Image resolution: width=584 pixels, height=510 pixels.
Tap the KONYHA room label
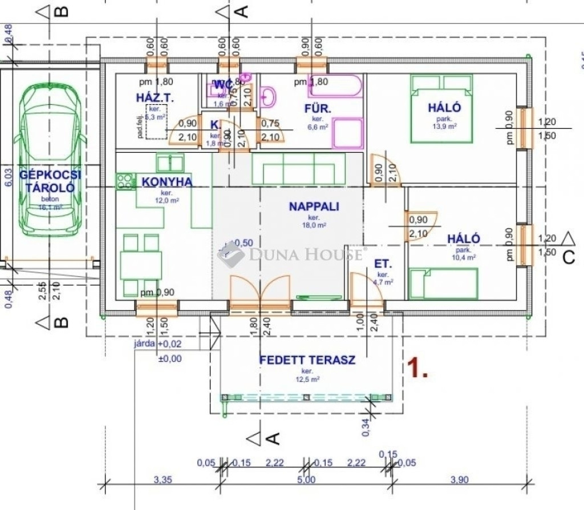pyautogui.click(x=167, y=182)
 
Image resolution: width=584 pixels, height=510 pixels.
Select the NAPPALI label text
pyautogui.click(x=314, y=206)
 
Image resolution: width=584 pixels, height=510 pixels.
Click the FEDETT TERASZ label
pyautogui.click(x=307, y=360)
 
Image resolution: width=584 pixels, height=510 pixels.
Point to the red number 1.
pyautogui.click(x=419, y=369)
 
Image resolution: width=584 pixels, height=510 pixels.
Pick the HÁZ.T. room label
pyautogui.click(x=155, y=98)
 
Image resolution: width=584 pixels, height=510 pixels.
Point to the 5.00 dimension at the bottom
pyautogui.click(x=306, y=480)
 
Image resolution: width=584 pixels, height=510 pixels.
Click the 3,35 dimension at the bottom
pyautogui.click(x=163, y=480)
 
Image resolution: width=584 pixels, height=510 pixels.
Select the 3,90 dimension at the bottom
pyautogui.click(x=459, y=480)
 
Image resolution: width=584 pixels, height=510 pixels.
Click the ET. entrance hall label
pyautogui.click(x=382, y=263)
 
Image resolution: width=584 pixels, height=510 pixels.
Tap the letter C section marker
pyautogui.click(x=568, y=258)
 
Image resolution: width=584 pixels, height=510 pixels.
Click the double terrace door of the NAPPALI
pyautogui.click(x=260, y=293)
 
